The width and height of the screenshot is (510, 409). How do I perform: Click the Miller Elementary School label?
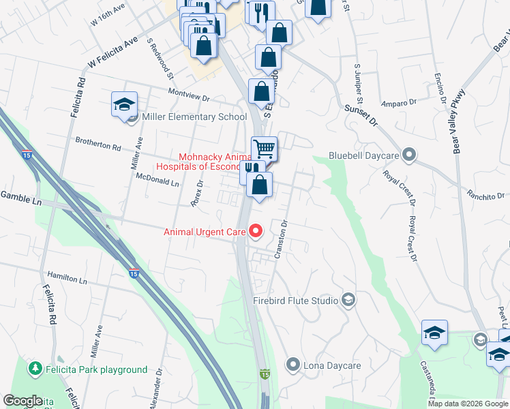click(194, 117)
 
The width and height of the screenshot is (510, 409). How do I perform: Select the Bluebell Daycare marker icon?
click(409, 155)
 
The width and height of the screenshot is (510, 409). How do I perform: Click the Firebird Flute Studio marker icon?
click(348, 300)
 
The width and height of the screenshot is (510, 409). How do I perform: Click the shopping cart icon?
click(264, 149)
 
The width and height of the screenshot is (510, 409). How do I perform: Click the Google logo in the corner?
click(23, 401)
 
